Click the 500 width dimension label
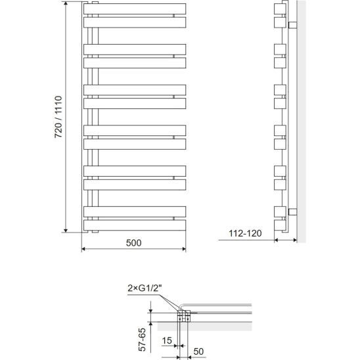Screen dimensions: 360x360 coord(133,242)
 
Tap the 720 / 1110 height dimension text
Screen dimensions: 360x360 coord(58,117)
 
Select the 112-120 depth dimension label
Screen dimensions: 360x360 coord(245,233)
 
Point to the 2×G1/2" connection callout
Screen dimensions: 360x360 coord(145,288)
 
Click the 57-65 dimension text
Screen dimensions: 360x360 coord(142,340)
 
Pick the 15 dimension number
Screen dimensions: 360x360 coord(167,340)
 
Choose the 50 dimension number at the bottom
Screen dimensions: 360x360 coord(198,351)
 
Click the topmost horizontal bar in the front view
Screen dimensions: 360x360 coord(135,9)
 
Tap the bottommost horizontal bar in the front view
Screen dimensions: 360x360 coord(135,225)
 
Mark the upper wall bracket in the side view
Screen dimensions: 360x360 coord(292,25)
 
